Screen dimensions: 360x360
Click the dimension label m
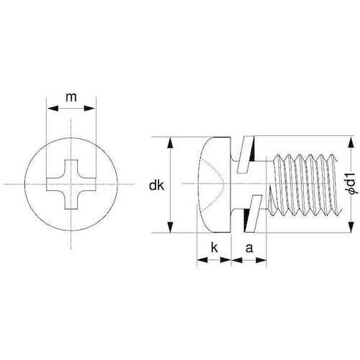tap(71, 96)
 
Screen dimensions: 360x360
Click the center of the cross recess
tap(71, 185)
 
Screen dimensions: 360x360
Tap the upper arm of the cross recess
tap(71, 167)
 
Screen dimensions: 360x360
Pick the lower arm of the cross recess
tap(71, 204)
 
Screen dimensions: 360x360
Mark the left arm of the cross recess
tap(53, 185)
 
